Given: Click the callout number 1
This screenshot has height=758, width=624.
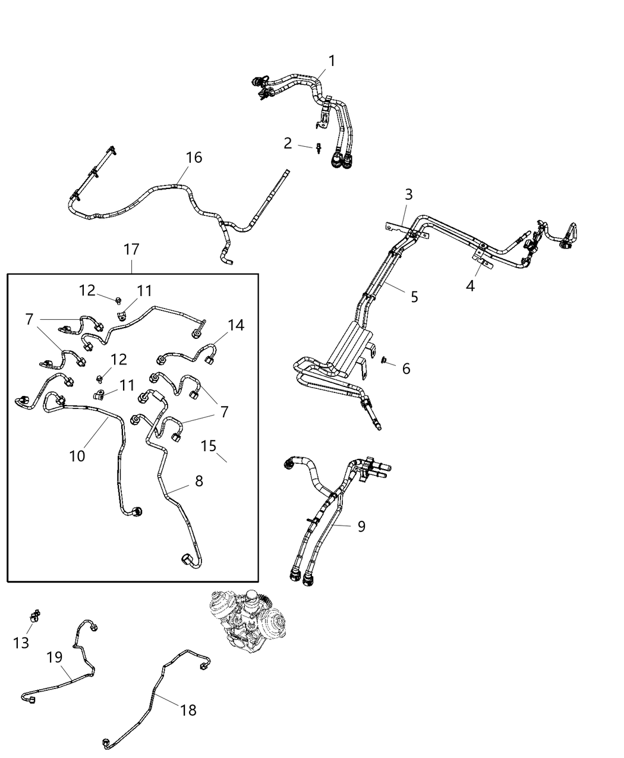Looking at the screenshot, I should tap(332, 61).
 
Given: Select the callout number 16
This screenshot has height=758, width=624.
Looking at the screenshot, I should tap(194, 158).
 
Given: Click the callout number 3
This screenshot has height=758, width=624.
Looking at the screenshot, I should tap(408, 194).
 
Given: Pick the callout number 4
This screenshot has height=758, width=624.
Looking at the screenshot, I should tap(470, 286).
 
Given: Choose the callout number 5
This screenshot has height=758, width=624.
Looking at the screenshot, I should tap(414, 296).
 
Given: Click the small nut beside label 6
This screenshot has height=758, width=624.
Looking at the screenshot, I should tap(385, 360).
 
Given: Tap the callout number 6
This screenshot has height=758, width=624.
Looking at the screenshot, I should tap(406, 369).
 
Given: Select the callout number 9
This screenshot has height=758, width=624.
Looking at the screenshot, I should tap(361, 526).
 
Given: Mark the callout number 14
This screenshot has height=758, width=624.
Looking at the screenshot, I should tap(236, 325).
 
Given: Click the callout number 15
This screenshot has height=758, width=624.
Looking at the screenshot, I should tap(208, 445).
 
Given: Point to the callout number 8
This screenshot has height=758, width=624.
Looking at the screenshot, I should tap(198, 480).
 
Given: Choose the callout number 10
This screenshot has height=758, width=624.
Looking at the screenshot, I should tap(77, 456).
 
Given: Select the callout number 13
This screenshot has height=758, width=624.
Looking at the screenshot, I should tap(21, 643).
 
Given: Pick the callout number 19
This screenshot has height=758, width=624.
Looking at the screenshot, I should tap(55, 658).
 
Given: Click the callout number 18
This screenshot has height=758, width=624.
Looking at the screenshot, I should tap(188, 710).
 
